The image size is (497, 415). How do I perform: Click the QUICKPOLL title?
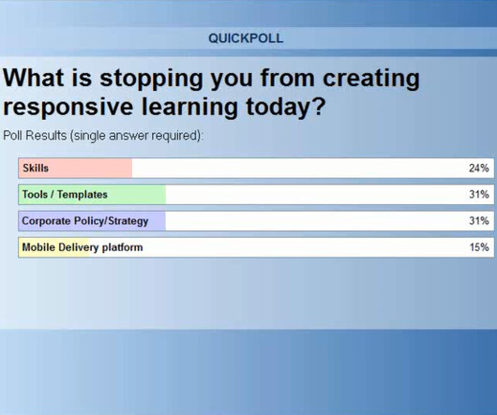click(246, 38)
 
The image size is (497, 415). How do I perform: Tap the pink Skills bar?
click(75, 168)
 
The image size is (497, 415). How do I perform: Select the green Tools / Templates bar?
click(92, 195)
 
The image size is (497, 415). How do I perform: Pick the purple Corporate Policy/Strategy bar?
click(92, 221)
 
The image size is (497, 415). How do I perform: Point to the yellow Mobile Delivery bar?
click(53, 247)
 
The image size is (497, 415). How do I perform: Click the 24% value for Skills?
click(478, 168)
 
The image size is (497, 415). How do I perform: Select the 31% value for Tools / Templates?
click(478, 194)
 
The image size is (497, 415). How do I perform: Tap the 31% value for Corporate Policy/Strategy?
click(478, 221)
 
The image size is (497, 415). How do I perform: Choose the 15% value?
click(479, 247)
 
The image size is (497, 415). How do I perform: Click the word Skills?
click(36, 168)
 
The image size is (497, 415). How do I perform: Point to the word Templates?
click(83, 195)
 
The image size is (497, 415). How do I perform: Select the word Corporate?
click(46, 221)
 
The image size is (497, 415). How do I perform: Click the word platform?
click(122, 247)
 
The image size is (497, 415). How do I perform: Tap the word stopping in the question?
click(151, 79)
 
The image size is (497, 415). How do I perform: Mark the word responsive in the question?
click(68, 108)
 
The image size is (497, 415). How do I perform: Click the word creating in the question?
click(371, 79)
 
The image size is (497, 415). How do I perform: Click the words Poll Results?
click(35, 136)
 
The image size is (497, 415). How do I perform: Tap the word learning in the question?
click(189, 108)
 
